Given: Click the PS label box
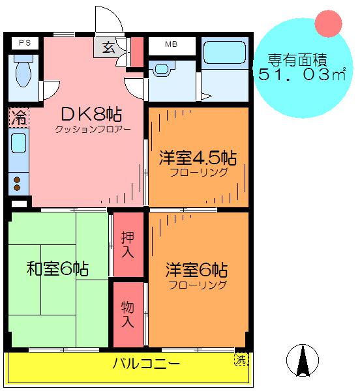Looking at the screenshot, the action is (25, 43).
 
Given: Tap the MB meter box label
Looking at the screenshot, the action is (172, 44).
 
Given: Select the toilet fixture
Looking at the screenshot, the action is (23, 70).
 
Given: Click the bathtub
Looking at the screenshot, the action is (225, 53).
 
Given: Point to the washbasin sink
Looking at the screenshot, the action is (162, 69).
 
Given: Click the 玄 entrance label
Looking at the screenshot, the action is (109, 47).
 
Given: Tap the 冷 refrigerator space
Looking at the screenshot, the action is (19, 117).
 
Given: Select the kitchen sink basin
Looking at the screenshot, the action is (19, 143).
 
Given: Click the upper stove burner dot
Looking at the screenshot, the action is (17, 180).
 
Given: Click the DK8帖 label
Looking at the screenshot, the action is (91, 115).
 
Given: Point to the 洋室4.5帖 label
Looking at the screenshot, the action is (198, 158).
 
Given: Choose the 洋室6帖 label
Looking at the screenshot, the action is (196, 270).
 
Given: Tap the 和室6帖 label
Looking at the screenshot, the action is (57, 268).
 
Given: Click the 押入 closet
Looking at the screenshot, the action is (128, 244).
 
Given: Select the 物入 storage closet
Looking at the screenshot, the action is (128, 314).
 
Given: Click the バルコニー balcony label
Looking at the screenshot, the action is (147, 364).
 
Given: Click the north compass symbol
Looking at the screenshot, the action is (303, 360).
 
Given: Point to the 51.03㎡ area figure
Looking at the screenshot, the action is (302, 74).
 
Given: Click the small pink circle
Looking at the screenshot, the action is (328, 23).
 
